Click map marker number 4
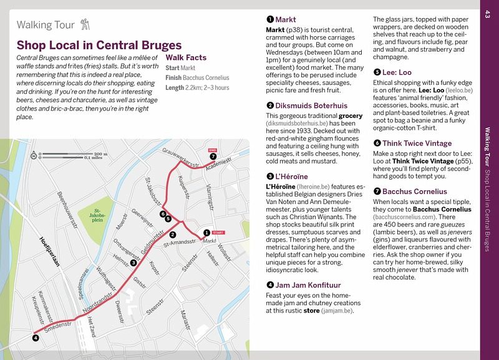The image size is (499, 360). pyautogui.click(x=36, y=338)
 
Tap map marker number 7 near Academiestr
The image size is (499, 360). pyautogui.click(x=213, y=156)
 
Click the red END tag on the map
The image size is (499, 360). pyautogui.click(x=212, y=150)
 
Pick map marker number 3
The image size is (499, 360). pyautogui.click(x=133, y=263)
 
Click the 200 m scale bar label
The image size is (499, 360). pyautogui.click(x=101, y=153)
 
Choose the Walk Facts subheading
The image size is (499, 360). pyautogui.click(x=187, y=57)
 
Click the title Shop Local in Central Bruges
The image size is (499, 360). pyautogui.click(x=99, y=45)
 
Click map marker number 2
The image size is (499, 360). pyautogui.click(x=172, y=235)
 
